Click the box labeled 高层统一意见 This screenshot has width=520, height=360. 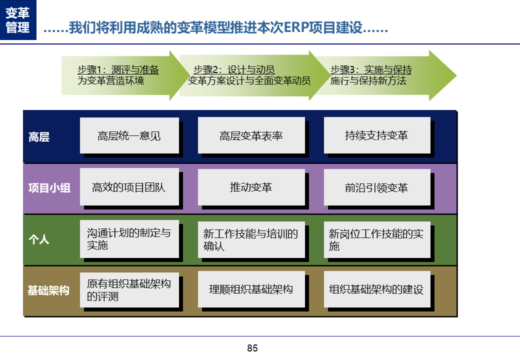[129, 135]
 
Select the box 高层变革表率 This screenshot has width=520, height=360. [251, 135]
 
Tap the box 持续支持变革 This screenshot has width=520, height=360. [376, 135]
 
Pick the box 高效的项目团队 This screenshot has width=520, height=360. [129, 187]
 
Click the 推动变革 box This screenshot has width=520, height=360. [251, 187]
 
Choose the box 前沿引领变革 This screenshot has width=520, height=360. [376, 187]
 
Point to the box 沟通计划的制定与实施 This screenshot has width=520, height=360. [129, 239]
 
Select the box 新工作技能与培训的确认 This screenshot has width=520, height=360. [251, 240]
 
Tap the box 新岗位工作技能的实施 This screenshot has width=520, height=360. [376, 240]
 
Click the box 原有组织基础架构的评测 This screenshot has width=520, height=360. [129, 290]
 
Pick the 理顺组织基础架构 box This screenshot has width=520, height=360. [251, 289]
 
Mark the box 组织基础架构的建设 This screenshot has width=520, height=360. [376, 289]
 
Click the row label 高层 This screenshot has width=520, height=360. [39, 137]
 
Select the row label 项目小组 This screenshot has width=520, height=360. [49, 188]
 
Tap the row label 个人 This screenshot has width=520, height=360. [39, 239]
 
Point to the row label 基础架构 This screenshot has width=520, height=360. [48, 290]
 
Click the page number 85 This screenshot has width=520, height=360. [252, 348]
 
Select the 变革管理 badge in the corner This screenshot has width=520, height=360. [18, 20]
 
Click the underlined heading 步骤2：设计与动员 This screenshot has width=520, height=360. [234, 70]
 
